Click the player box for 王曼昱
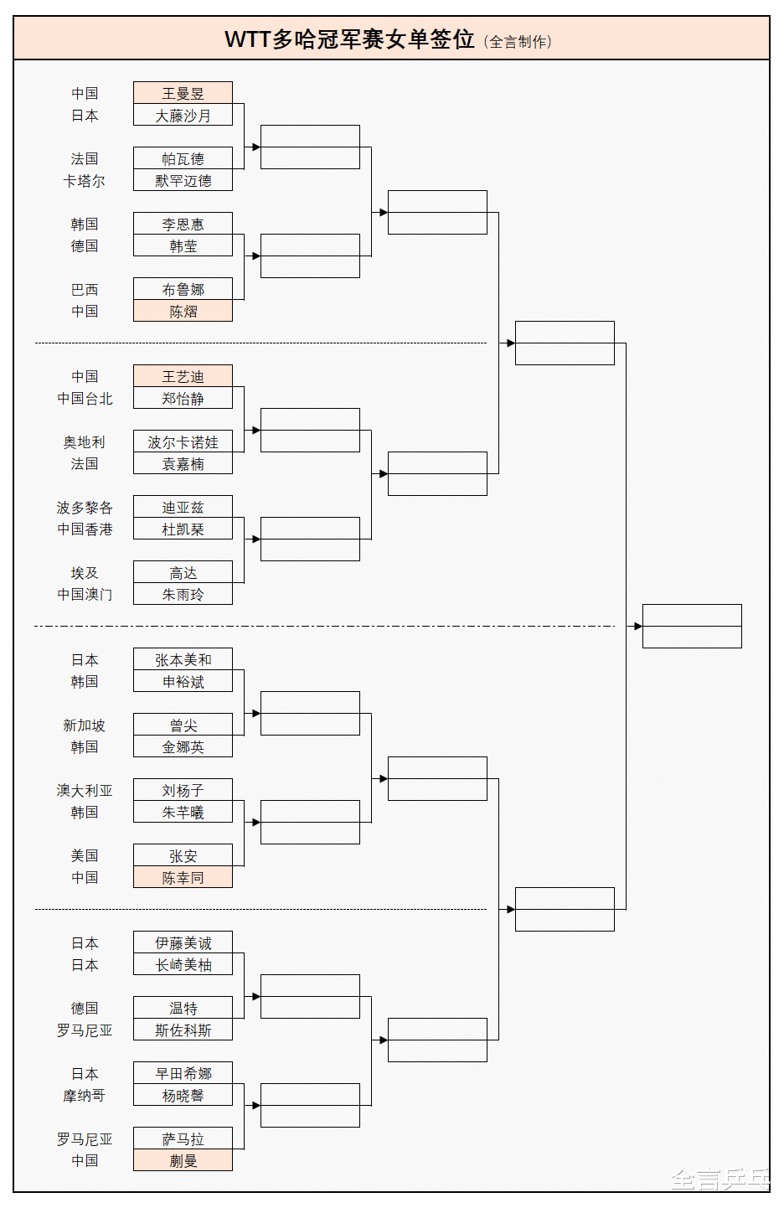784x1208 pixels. pos(183,93)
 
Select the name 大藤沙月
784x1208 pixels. pos(183,116)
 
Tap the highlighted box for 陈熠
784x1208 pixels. pos(183,312)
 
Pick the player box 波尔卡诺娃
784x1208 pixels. pos(183,441)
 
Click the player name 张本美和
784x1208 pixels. pos(183,660)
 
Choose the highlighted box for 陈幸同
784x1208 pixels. pos(183,878)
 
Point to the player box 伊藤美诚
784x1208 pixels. pos(183,943)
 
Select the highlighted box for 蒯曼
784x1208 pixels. pos(183,1161)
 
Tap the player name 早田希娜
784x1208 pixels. pos(183,1074)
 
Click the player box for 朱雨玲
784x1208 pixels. pos(183,595)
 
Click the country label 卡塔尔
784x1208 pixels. pos(84,181)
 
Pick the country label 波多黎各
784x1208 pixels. pos(84,508)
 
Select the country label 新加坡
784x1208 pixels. pos(84,725)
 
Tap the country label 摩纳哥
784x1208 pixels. pos(84,1096)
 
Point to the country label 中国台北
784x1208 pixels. pos(84,399)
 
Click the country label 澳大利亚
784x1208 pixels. pos(84,791)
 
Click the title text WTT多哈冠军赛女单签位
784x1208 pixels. pos(349,39)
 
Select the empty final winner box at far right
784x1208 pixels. pos(692,626)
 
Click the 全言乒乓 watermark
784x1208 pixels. pos(720,1180)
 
